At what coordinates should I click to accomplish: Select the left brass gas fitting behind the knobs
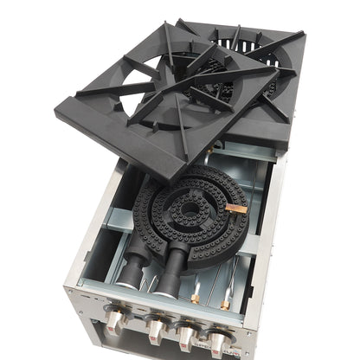click(x=195, y=298)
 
